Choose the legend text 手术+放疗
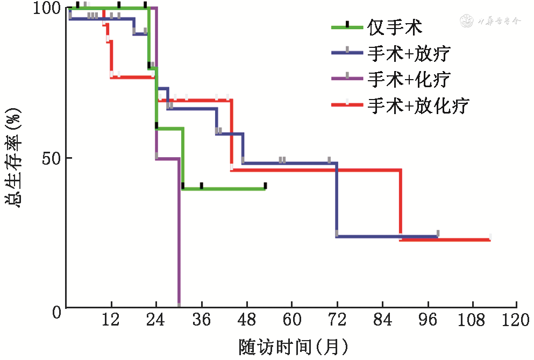[409, 53]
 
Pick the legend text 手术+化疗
[409, 79]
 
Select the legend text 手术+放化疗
[418, 106]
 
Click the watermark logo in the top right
[490, 22]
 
